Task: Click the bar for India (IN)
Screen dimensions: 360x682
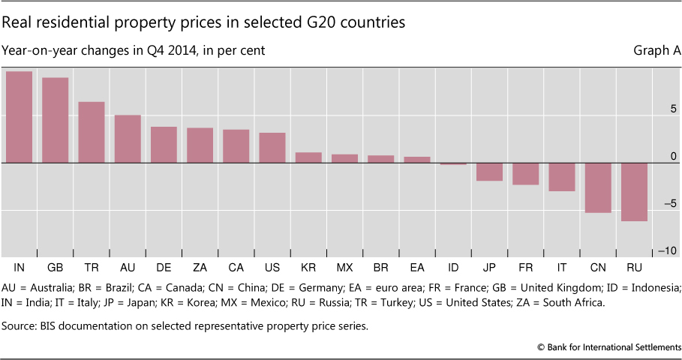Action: [19, 117]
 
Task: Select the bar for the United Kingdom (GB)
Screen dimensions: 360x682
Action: [55, 120]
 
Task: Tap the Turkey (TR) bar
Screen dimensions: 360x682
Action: [91, 132]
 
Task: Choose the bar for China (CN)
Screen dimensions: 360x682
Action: [597, 187]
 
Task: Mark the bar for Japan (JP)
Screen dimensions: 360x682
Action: [489, 172]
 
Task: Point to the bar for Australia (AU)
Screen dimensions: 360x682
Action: [128, 139]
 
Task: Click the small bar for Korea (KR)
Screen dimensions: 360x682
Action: [308, 157]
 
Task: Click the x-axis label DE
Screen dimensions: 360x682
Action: [164, 267]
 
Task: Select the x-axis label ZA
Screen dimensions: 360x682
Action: [200, 267]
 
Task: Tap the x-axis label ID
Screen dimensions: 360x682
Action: [452, 267]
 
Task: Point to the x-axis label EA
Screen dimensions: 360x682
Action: [416, 267]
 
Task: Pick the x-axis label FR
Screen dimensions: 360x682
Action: [525, 267]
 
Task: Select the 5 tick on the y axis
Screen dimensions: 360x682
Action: [673, 109]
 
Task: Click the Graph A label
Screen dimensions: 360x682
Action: [657, 51]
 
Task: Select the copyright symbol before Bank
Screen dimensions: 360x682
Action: [540, 348]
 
